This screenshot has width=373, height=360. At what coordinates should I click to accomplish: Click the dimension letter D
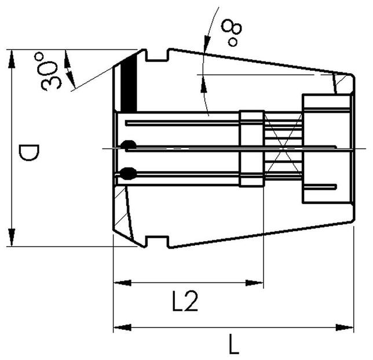(x=28, y=154)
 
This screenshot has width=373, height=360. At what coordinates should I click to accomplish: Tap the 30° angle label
(x=52, y=71)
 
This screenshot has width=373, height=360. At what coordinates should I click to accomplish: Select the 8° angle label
(x=233, y=32)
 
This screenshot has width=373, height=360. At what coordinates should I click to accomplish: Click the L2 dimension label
(x=186, y=302)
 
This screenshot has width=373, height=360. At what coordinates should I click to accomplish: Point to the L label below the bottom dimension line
(x=233, y=346)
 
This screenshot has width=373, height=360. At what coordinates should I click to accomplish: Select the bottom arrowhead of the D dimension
(x=12, y=239)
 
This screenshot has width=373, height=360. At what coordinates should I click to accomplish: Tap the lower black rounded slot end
(x=129, y=172)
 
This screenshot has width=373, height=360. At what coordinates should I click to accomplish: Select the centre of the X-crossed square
(x=283, y=150)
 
